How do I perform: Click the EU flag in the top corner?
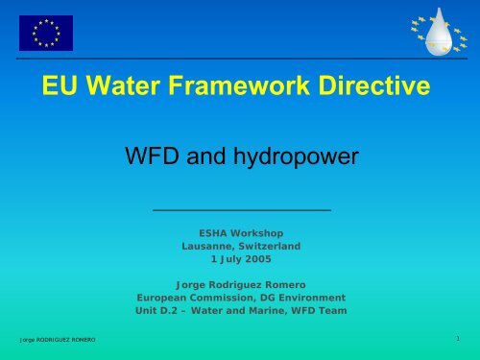pos(45,33)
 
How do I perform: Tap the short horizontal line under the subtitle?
pos(241,208)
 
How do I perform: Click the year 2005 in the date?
pos(256,259)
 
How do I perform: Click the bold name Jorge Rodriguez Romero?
pos(241,284)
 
